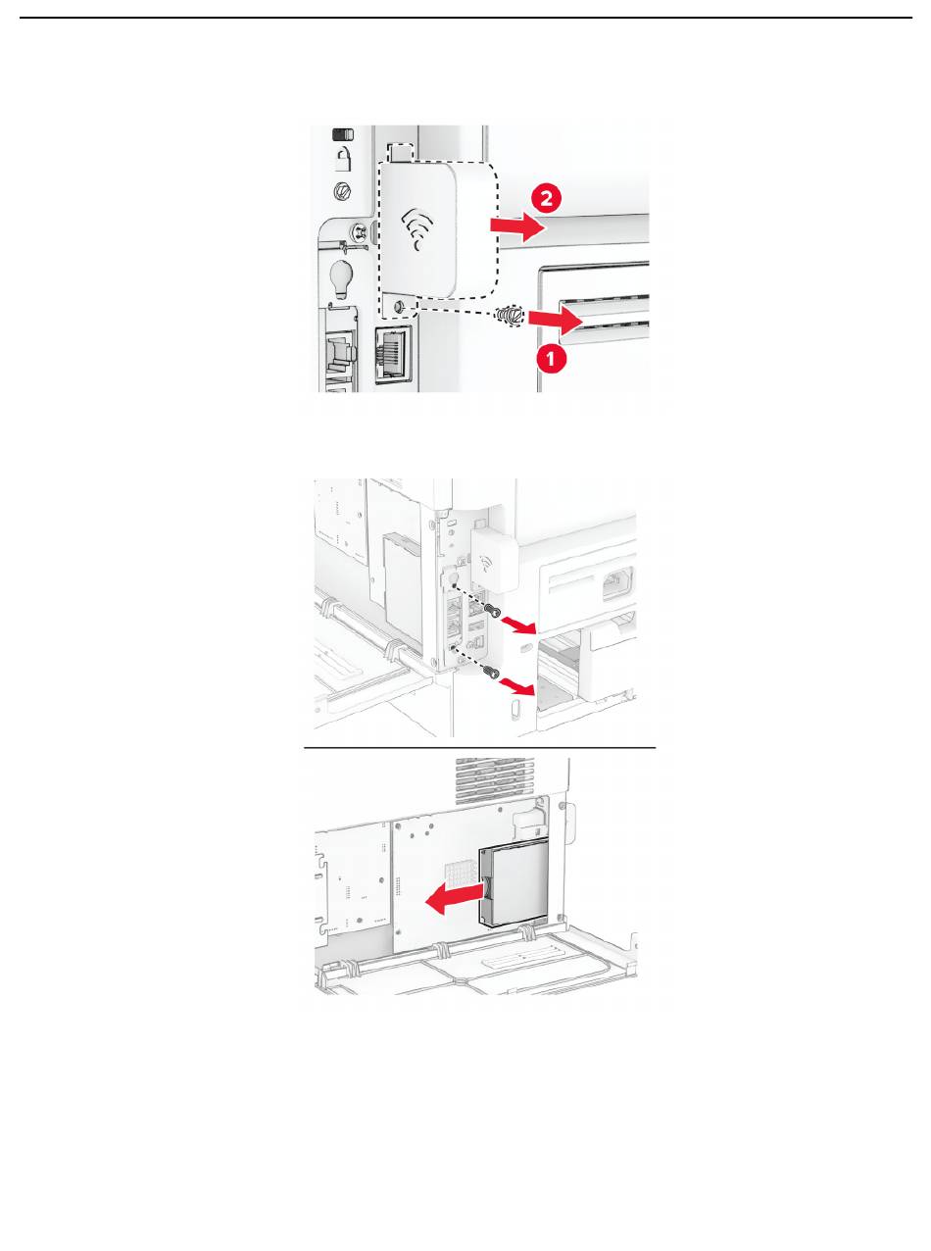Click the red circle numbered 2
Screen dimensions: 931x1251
(546, 200)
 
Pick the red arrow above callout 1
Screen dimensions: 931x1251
(555, 321)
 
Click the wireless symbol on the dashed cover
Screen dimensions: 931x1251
(417, 227)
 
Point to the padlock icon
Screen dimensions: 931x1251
(342, 159)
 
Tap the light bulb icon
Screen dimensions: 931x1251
(340, 278)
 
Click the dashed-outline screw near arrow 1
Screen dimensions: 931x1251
(510, 316)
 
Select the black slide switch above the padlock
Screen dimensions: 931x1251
(343, 135)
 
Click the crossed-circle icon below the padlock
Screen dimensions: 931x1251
(342, 190)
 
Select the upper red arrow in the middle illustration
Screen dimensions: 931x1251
(516, 624)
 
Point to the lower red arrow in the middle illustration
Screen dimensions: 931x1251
(516, 686)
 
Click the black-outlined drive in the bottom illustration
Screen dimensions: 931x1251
(514, 890)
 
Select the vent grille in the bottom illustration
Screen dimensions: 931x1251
(495, 780)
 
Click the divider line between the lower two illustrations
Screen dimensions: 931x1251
(480, 748)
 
